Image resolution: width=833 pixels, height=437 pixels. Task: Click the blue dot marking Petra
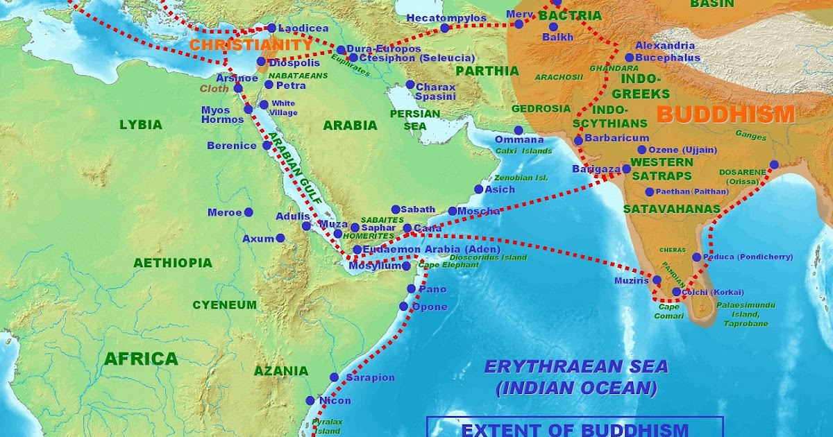(x=269, y=85)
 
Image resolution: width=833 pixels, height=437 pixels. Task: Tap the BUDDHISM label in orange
(x=725, y=114)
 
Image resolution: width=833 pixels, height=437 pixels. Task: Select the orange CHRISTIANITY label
(x=251, y=45)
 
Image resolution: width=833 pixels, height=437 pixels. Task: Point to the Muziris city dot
(x=657, y=280)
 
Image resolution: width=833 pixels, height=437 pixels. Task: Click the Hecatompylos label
(x=446, y=17)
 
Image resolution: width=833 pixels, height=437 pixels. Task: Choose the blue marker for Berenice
(x=267, y=146)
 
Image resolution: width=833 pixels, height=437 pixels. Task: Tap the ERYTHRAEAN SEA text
(x=575, y=367)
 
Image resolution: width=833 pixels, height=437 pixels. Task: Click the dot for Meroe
(x=248, y=212)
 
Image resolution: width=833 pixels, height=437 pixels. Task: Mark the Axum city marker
(x=280, y=238)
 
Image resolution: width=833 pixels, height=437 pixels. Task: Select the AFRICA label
(x=141, y=359)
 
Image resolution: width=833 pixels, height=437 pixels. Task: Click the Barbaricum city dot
(x=578, y=140)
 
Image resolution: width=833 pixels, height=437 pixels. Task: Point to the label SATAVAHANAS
(x=662, y=208)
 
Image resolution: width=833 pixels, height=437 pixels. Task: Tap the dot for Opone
(x=403, y=306)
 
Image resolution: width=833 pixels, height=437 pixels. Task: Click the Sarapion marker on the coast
(x=333, y=377)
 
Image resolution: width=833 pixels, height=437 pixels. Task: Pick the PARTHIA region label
(x=487, y=71)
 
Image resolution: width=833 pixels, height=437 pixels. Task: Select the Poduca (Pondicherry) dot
(x=696, y=257)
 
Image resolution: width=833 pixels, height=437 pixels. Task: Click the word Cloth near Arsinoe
(x=214, y=89)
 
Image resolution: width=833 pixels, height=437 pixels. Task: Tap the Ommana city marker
(x=518, y=130)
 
